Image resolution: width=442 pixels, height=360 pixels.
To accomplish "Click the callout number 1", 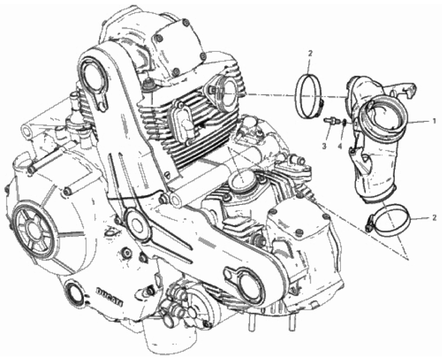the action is tap(434, 120).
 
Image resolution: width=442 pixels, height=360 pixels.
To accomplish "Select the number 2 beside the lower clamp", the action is tap(434, 218).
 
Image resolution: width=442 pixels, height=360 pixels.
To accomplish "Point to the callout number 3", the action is tap(324, 147).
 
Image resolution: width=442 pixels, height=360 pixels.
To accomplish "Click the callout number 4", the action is tap(340, 147).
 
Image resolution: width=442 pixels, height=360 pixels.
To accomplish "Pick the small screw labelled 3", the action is tap(329, 120).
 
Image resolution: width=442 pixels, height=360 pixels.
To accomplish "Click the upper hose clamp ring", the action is tap(309, 92).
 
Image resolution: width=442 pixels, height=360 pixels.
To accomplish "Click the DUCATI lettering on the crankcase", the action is tap(108, 296).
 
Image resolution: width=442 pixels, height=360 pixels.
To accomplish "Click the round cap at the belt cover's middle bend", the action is tap(136, 224).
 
